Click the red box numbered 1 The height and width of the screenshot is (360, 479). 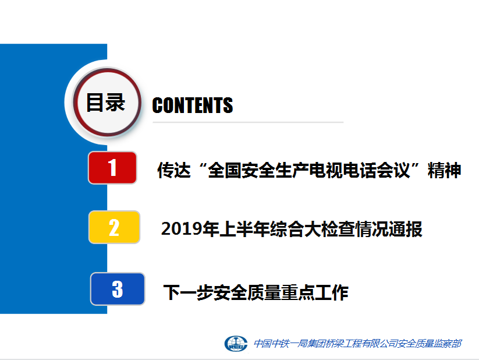pos(112,168)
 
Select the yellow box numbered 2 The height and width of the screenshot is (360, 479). pos(114,227)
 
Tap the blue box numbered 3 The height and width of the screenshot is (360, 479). pos(118,289)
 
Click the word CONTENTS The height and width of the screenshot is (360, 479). pos(193,105)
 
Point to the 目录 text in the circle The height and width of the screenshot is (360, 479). pos(106,102)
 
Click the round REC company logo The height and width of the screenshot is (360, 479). pos(236,344)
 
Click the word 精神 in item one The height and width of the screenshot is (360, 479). pos(444,170)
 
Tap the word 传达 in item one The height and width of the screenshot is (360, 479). pos(174,170)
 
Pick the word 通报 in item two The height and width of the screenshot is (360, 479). pos(406,229)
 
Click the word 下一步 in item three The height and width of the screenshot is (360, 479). pos(188,292)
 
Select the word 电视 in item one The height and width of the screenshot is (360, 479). pos(326,170)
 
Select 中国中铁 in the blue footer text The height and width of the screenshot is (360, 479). pos(271,344)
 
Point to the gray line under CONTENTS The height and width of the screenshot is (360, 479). pos(248,122)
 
